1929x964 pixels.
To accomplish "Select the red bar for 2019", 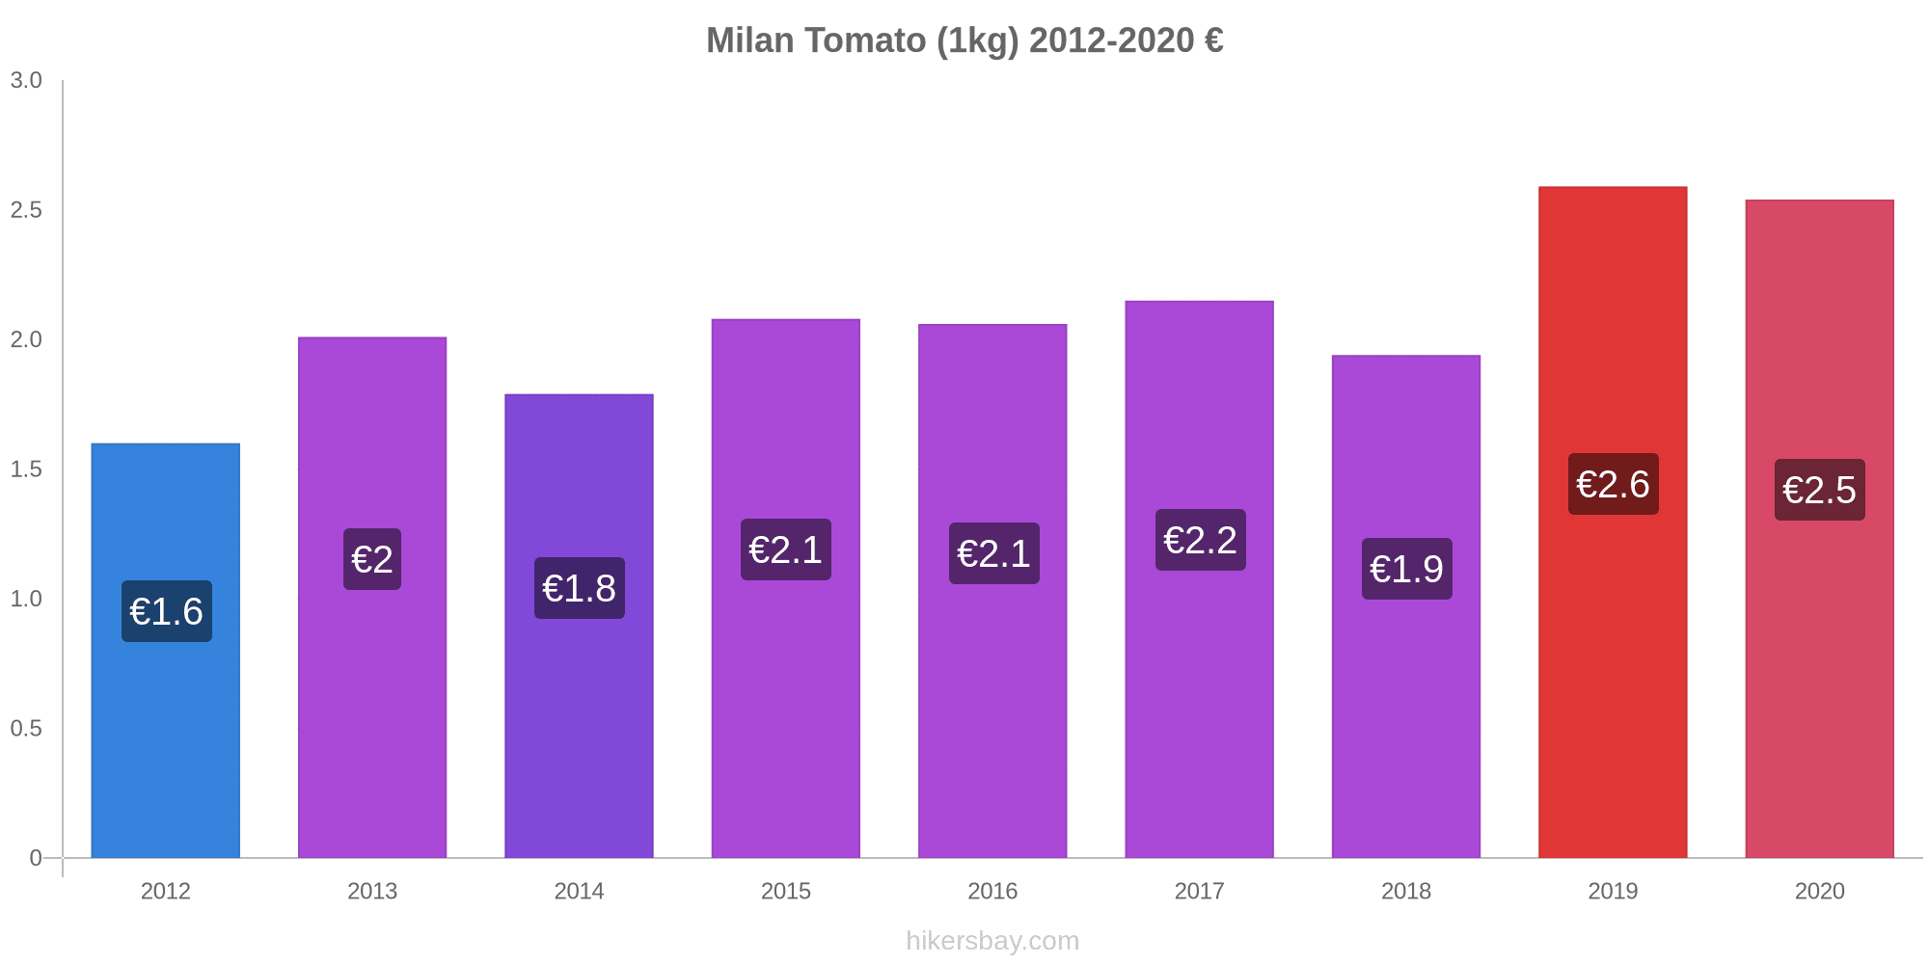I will (1613, 675).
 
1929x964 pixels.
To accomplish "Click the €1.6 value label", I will (167, 611).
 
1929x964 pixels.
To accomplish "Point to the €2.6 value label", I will (1613, 484).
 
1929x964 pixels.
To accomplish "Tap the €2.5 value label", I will (1819, 490).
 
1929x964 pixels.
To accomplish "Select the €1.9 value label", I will (1406, 569).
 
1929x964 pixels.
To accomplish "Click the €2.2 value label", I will (1200, 540).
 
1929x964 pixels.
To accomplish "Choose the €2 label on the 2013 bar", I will (372, 559).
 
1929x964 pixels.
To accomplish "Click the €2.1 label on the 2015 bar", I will (785, 549).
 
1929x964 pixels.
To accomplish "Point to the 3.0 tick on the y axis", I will (26, 80).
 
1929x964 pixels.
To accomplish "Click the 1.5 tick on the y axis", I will (26, 469).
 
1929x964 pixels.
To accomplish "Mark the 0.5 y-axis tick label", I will (26, 729).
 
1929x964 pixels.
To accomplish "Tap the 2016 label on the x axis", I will (992, 891).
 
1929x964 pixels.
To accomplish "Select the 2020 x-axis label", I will (1819, 891).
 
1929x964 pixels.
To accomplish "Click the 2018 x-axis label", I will (1406, 891).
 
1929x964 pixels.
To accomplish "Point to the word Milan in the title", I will (750, 40).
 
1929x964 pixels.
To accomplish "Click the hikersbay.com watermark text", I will (992, 941).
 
